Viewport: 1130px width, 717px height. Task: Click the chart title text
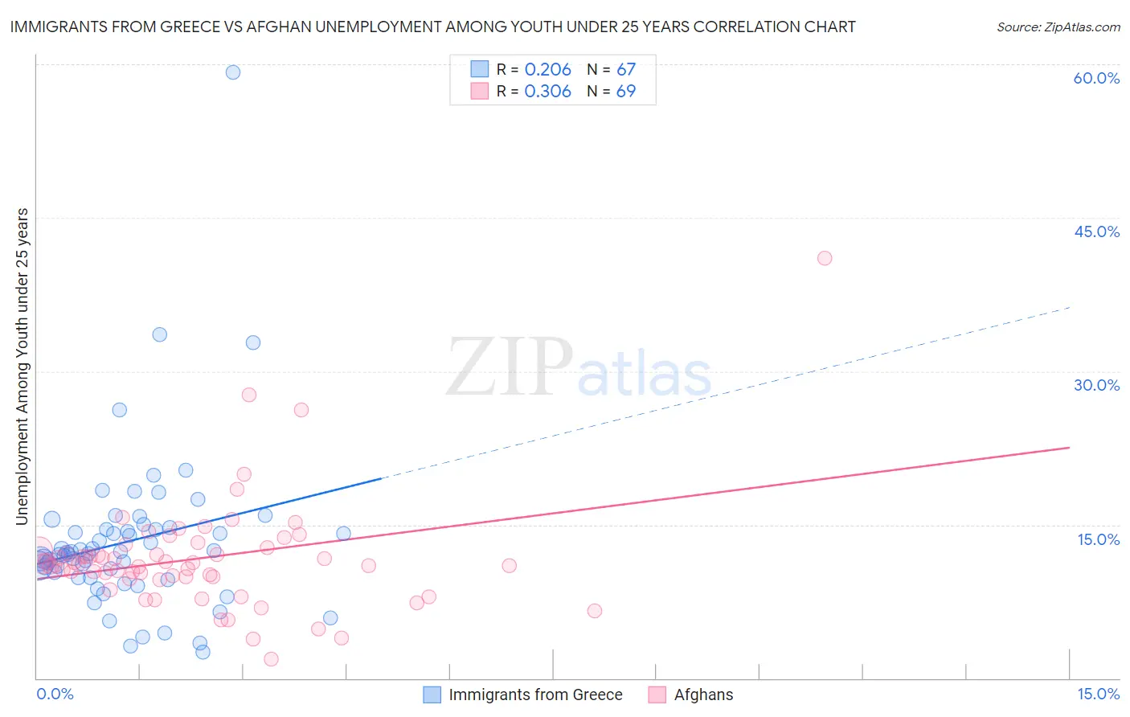pos(432,27)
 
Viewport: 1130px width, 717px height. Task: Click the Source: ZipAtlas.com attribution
pos(1058,27)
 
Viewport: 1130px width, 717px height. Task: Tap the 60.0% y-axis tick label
pos(1096,78)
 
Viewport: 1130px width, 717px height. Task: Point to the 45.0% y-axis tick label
pos(1096,231)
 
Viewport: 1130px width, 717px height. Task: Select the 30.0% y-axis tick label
pos(1096,385)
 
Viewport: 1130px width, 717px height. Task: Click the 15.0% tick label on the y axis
pos(1098,539)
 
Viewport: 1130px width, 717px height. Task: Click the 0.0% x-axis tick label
pos(55,694)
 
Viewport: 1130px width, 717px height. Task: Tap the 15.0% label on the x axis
pos(1098,694)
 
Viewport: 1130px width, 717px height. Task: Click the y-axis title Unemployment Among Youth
pos(22,367)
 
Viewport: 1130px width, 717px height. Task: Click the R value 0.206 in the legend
pos(547,69)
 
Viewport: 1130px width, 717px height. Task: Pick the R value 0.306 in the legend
pos(547,92)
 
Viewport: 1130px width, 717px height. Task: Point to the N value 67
pos(626,69)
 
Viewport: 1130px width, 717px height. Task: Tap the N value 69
pos(626,92)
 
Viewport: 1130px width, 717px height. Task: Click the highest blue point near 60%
pos(233,72)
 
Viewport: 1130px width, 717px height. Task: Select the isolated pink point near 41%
pos(825,258)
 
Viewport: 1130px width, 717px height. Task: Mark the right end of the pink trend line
pos(1069,447)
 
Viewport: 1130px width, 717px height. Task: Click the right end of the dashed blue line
pos(1069,307)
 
